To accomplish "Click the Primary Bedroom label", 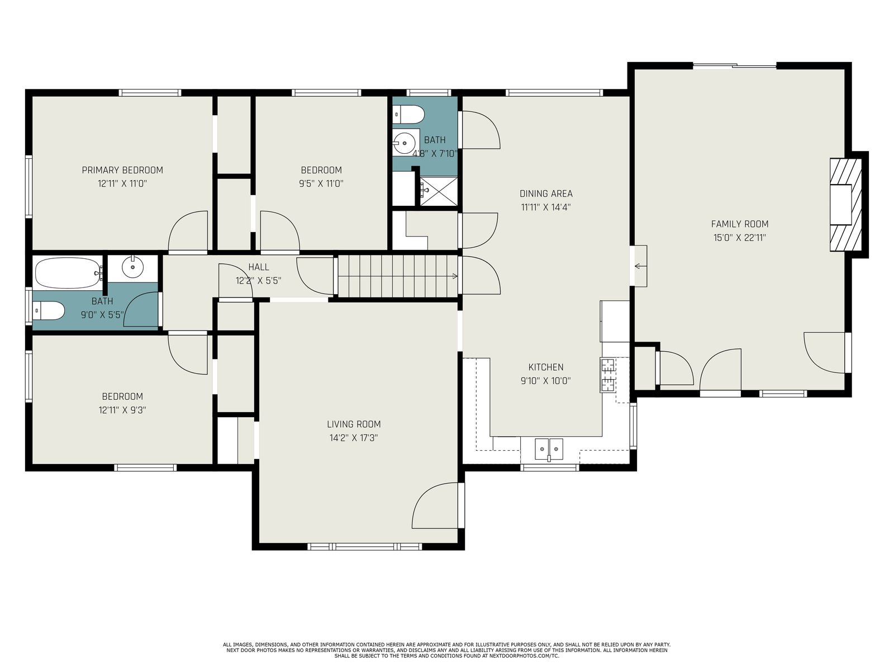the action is coord(122,171).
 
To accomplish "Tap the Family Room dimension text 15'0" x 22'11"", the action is coord(740,238).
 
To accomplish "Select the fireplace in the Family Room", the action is coord(846,204).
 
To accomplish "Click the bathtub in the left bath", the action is coord(68,273).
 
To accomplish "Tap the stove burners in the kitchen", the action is coord(608,375).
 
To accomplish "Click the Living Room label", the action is coord(354,424).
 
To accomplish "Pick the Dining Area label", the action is coord(546,193).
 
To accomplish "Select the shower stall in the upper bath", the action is coord(439,191).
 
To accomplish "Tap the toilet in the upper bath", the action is coord(409,115).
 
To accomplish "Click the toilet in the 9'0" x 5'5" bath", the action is coord(49,310).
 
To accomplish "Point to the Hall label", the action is coord(259,267).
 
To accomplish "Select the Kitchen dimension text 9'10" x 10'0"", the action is coord(546,381).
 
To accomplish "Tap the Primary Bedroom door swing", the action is coord(188,231).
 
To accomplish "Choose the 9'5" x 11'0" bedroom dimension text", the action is coord(321,183).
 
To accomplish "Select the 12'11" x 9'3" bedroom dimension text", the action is coord(122,410).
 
